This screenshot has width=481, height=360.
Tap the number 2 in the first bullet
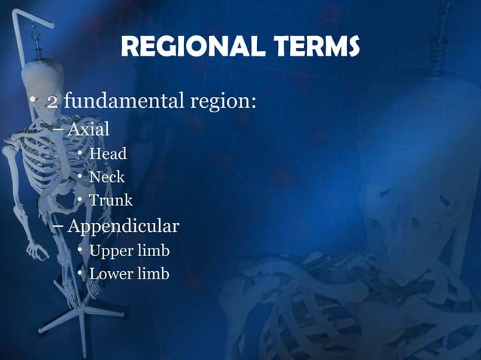tap(53, 102)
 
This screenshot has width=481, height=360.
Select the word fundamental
tap(127, 102)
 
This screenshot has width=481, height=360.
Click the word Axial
tap(88, 129)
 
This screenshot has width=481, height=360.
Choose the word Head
tap(108, 154)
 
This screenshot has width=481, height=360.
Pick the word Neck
tap(107, 178)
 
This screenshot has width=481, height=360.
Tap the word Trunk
tap(111, 200)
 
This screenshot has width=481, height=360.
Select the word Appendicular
tap(124, 226)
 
